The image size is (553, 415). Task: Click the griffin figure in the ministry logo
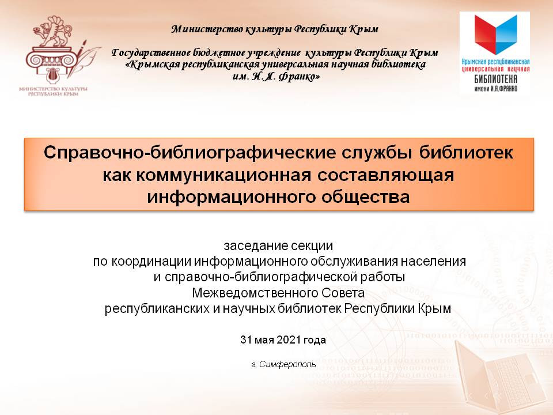(54, 32)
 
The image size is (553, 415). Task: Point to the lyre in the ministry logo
(53, 75)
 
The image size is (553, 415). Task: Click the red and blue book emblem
(495, 35)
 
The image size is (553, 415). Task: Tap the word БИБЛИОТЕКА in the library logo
(495, 79)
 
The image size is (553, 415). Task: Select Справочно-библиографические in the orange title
(190, 153)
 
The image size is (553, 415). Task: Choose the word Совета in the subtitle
(342, 293)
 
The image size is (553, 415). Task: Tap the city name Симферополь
(287, 364)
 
